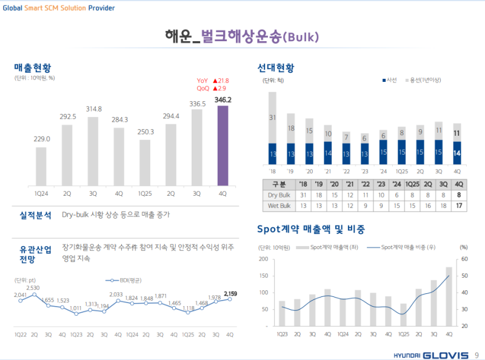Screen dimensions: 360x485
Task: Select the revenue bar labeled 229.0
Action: coord(41,165)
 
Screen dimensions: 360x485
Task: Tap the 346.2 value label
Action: coord(223,99)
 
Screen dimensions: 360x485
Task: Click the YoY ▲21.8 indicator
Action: coord(212,81)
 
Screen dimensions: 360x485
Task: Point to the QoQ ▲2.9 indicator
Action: coord(212,88)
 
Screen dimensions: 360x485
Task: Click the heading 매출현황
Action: coord(33,67)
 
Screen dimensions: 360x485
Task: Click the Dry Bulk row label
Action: coord(280,195)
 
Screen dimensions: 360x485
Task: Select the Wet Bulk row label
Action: coord(280,206)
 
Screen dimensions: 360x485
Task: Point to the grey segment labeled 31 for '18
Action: coord(272,118)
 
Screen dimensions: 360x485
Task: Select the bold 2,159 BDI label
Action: coord(230,293)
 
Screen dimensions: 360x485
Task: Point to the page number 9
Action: coord(477,355)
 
